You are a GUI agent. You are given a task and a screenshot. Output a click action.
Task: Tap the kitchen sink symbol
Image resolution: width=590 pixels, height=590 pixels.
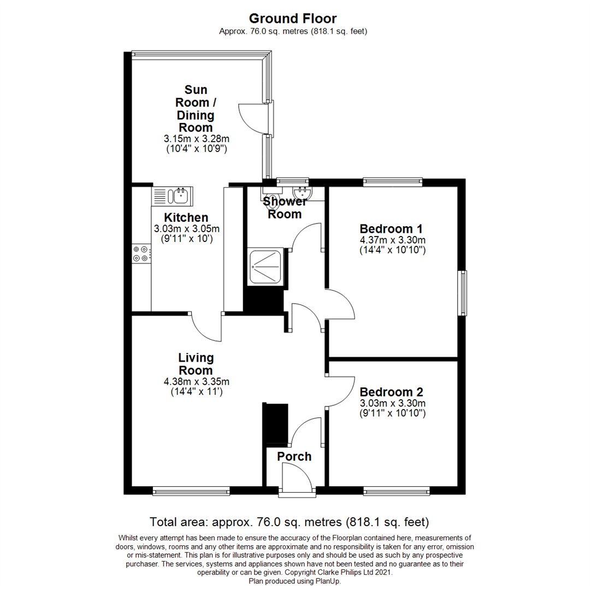pos(171,194)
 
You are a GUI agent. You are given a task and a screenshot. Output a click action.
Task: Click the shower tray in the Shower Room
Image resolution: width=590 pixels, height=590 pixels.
pos(265,267)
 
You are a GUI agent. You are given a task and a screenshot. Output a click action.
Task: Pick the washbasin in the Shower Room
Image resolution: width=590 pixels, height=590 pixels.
pos(301,192)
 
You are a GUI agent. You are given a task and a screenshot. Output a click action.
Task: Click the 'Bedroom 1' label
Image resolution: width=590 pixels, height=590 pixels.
pos(391,228)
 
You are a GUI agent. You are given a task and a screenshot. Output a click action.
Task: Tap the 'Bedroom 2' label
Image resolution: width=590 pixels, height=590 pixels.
pos(392,392)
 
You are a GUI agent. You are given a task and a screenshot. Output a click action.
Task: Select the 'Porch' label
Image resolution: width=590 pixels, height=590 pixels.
pos(294,456)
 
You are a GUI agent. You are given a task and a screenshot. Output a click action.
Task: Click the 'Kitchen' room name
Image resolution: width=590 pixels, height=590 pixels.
pos(186,217)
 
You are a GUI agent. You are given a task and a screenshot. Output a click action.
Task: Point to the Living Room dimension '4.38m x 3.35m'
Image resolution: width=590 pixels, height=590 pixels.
pos(196,381)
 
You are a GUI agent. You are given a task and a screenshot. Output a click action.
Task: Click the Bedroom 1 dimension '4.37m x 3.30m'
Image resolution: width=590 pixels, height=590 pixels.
pos(392,240)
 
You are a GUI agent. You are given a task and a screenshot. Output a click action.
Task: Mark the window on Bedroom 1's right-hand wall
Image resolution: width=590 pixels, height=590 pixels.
pos(463,293)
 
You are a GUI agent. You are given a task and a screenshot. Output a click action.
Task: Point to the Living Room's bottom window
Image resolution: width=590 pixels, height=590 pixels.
pos(191,492)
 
